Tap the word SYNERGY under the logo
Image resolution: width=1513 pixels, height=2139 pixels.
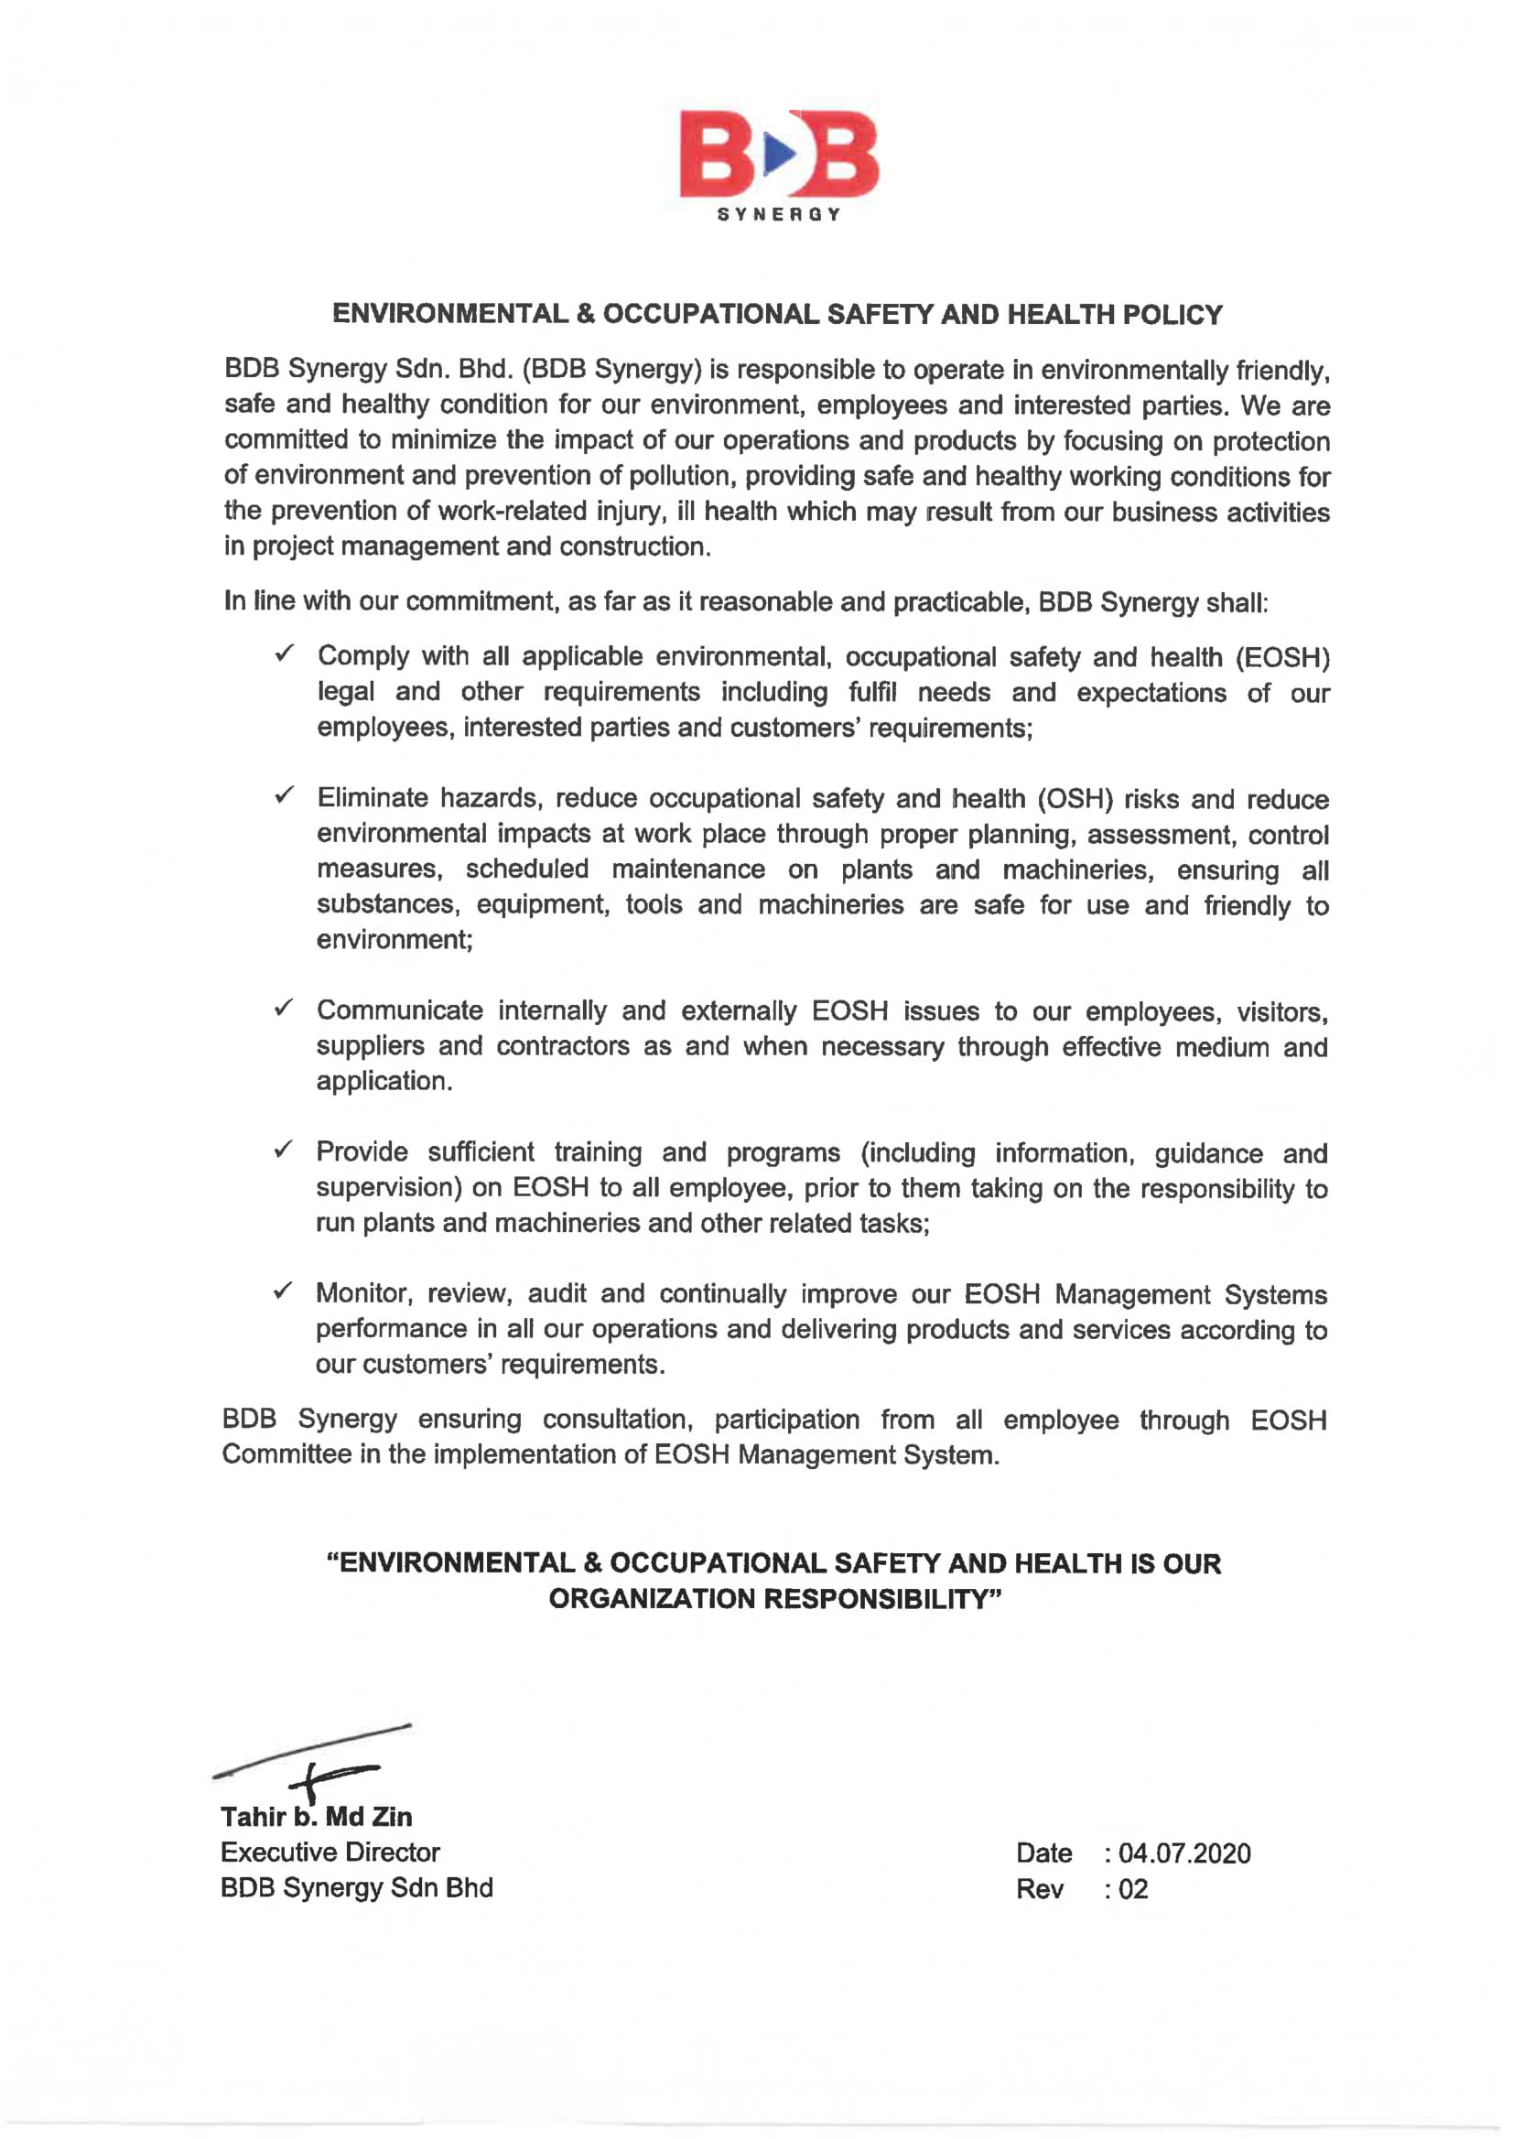[779, 214]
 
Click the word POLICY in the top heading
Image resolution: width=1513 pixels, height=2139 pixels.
[1172, 315]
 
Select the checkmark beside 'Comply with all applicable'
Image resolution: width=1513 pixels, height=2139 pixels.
[284, 654]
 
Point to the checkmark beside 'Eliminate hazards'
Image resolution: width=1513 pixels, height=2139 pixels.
[284, 795]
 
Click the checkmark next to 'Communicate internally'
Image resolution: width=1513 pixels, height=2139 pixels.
[284, 1008]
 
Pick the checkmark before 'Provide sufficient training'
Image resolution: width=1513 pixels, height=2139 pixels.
[284, 1150]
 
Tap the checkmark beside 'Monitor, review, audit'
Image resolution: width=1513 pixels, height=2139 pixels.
[284, 1291]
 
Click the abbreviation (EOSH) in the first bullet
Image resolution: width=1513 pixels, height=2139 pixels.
[1282, 658]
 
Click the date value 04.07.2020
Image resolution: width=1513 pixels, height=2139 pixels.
[1184, 1854]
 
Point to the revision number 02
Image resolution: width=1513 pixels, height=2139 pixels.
[1133, 1889]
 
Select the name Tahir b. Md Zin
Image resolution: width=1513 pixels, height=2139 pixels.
[316, 1817]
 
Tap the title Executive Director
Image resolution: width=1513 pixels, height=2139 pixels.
[330, 1853]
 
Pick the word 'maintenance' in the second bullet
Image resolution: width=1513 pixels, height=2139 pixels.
[687, 870]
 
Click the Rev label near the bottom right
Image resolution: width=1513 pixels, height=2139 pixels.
[1039, 1889]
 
